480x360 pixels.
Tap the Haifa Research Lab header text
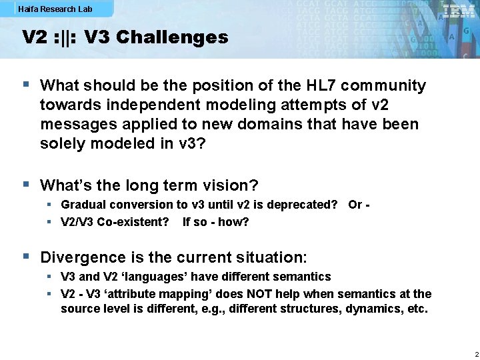pos(55,9)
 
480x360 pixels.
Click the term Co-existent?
pos(133,222)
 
